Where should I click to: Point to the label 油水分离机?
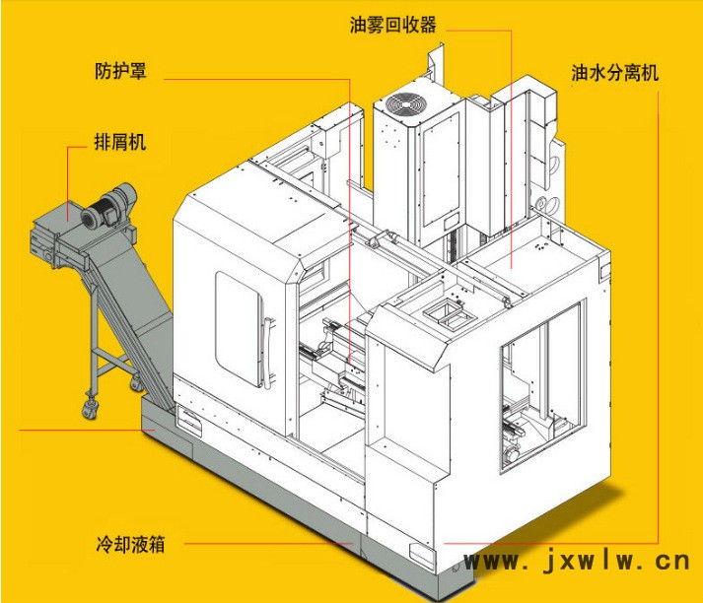[x=614, y=73]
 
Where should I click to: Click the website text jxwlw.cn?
[x=578, y=563]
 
